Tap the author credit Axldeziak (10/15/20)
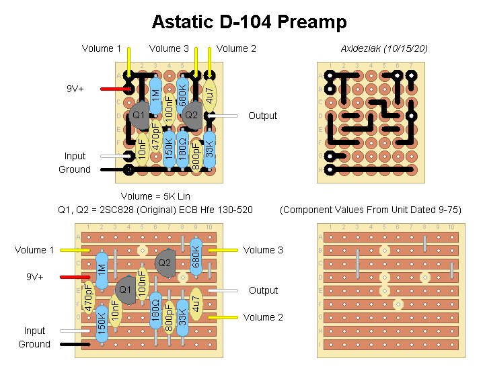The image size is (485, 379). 384,48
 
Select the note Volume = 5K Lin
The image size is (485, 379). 155,196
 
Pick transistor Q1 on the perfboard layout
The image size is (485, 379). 139,116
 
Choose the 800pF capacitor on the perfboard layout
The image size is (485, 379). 196,155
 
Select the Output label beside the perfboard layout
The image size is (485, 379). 262,116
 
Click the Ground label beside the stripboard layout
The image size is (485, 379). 34,344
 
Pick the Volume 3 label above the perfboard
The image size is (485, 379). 169,48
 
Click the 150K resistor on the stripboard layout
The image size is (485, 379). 102,323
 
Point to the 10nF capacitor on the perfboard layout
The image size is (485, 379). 142,148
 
